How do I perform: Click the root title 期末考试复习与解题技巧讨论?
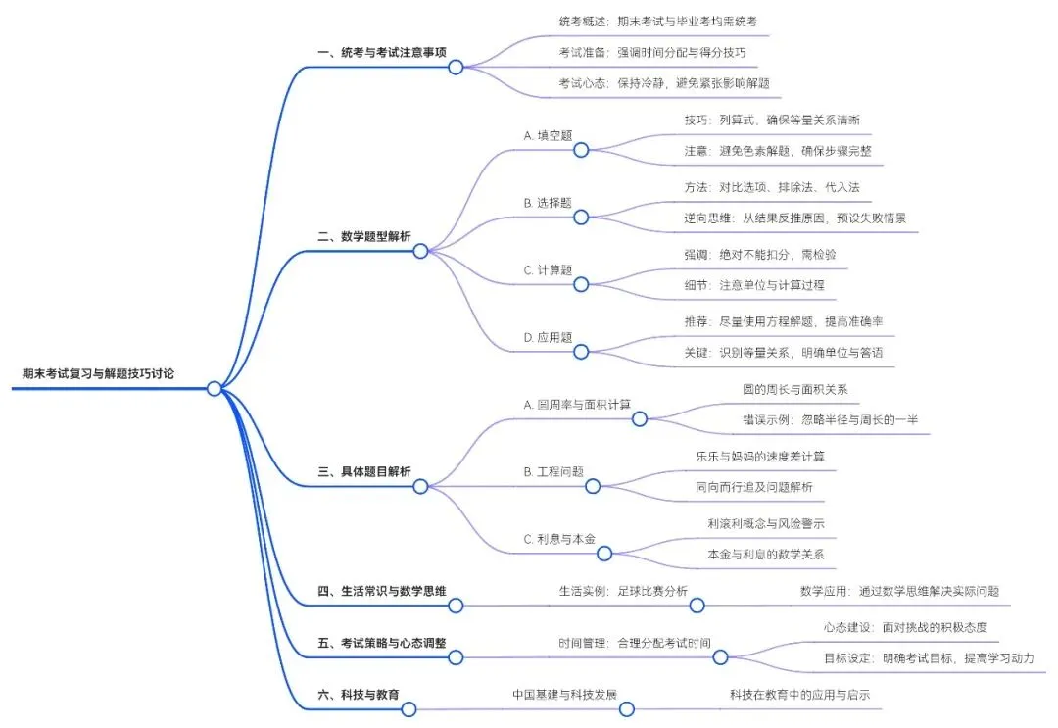(98, 373)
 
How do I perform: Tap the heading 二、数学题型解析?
(364, 236)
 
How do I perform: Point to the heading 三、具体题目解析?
(364, 471)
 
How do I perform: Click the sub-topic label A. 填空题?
(548, 135)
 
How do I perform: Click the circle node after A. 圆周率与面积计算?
(640, 419)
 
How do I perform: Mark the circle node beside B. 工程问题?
(593, 486)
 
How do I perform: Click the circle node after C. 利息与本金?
(604, 554)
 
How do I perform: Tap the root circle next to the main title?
(215, 389)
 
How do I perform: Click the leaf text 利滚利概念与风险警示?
(766, 523)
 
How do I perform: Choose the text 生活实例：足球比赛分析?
(623, 591)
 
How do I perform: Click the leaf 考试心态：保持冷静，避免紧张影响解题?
(664, 83)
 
